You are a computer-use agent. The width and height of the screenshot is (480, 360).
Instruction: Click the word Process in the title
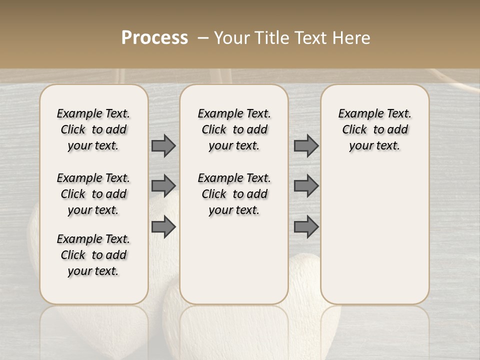pos(154,37)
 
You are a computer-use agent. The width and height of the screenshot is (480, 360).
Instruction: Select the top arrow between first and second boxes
pos(163,145)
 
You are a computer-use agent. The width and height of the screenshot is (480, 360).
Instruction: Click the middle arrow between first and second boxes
pos(163,185)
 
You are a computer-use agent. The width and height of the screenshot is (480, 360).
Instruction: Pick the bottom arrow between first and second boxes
pos(163,226)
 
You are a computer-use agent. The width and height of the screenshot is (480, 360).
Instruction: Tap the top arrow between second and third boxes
pos(306,145)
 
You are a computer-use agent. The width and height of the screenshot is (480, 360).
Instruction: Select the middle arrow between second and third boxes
pos(306,185)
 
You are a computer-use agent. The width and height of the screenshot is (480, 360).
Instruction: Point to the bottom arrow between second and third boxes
pos(306,226)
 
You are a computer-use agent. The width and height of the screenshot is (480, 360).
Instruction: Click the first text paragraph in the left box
pos(93,129)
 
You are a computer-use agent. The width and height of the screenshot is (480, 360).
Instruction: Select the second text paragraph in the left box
pos(93,194)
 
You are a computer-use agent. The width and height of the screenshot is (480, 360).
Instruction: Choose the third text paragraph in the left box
pos(93,255)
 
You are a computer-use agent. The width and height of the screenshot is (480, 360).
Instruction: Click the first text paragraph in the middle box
pos(234,129)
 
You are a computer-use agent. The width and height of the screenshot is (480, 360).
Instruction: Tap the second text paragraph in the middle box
pos(234,194)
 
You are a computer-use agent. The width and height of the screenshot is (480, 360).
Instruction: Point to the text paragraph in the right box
pos(375,129)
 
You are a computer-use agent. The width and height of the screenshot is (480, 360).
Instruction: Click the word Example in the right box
pos(357,114)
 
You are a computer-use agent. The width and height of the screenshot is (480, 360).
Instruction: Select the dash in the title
pos(203,37)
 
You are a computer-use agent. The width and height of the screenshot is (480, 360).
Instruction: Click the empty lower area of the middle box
pos(234,260)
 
